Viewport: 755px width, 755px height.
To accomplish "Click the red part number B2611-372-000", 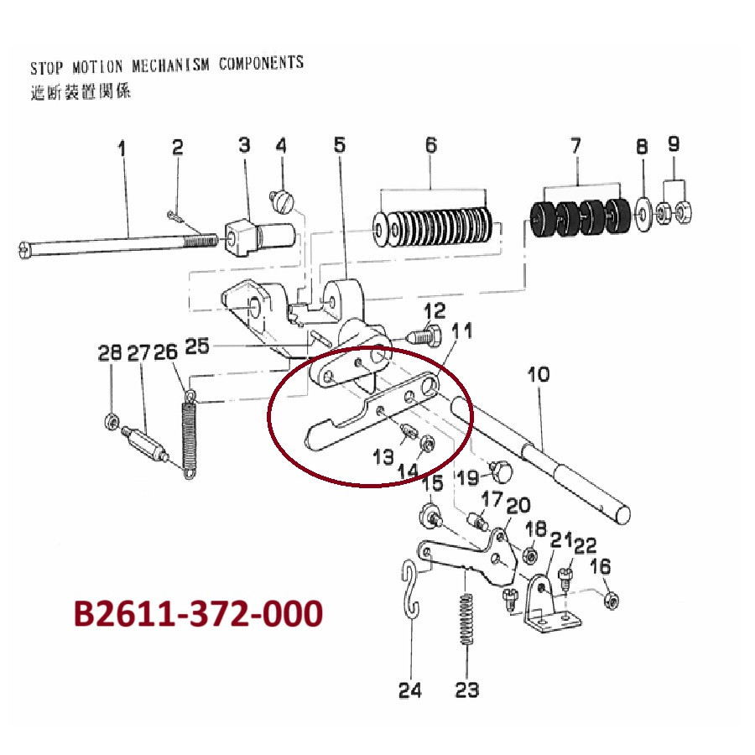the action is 198,613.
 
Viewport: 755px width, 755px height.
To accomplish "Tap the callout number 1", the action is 122,148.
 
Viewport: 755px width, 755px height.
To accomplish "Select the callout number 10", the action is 539,374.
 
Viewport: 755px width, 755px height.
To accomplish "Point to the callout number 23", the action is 466,690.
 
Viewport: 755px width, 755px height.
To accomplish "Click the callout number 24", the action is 409,690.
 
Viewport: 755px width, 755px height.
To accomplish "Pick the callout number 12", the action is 435,310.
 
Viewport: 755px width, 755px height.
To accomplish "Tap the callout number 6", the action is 431,145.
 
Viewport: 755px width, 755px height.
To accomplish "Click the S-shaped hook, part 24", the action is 411,591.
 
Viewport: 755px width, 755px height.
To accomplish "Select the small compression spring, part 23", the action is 466,620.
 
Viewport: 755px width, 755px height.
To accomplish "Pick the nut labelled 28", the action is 110,422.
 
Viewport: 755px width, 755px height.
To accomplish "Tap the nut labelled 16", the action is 612,600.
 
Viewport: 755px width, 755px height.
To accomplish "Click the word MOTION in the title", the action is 97,67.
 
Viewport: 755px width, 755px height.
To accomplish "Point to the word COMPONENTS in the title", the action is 261,63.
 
